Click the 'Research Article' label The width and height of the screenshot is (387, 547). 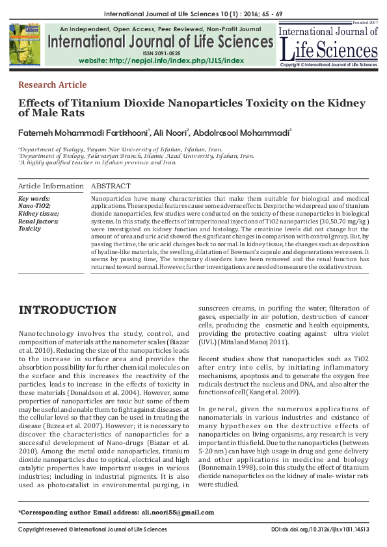click(52, 85)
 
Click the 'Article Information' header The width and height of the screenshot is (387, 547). click(51, 186)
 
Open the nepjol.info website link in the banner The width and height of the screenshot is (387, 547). click(161, 60)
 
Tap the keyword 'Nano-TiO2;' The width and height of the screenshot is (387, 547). click(35, 205)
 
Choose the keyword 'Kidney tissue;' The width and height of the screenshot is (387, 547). click(39, 213)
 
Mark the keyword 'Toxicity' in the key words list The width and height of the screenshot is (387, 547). click(29, 229)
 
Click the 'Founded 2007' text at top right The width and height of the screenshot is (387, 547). click(364, 23)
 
